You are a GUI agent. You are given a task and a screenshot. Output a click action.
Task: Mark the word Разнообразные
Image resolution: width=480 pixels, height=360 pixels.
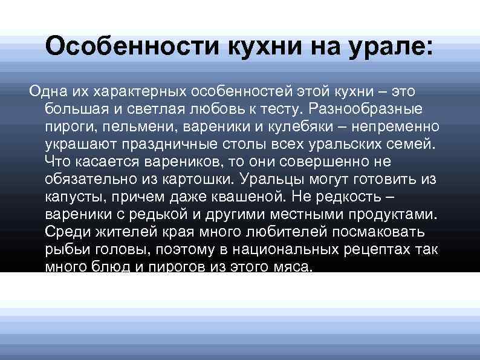click(372, 108)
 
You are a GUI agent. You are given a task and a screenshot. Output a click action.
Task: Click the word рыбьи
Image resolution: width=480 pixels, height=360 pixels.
click(63, 250)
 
